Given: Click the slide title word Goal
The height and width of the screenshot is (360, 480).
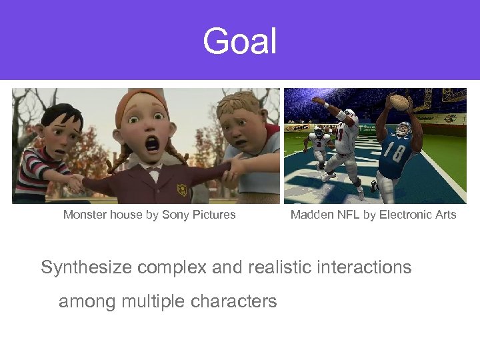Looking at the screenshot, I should [x=239, y=41].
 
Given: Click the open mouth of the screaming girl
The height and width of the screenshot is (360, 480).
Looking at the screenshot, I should [x=153, y=143].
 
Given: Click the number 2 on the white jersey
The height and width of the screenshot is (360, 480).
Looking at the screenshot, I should [x=319, y=141].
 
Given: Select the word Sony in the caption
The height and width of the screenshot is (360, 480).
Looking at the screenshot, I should [x=175, y=215].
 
